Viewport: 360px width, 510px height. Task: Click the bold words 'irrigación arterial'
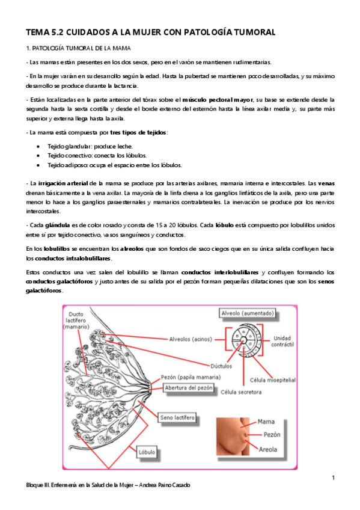(x=64, y=182)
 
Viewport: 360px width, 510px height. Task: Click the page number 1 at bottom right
(x=332, y=478)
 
